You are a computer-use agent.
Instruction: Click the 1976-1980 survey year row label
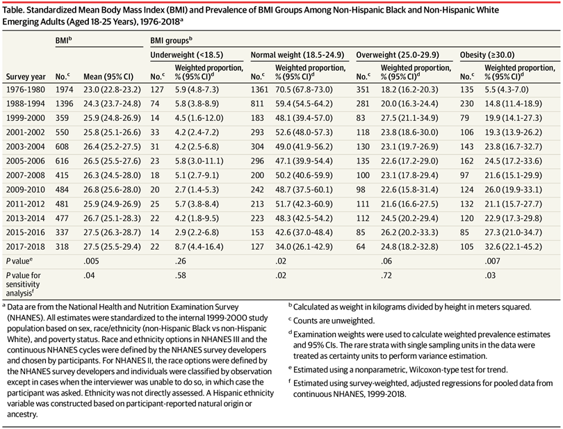[x=26, y=90]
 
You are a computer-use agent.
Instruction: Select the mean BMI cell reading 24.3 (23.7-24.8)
[x=112, y=104]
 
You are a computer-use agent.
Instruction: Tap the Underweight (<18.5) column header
[x=187, y=55]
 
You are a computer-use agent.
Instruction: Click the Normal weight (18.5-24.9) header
[x=297, y=55]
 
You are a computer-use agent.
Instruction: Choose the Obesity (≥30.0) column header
[x=487, y=55]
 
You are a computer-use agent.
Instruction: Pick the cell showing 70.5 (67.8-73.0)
[x=304, y=90]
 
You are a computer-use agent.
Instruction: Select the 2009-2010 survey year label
[x=26, y=190]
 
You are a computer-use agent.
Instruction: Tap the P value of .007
[x=490, y=261]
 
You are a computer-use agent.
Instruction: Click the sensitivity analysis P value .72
[x=386, y=275]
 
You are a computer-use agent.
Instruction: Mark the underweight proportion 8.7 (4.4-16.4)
[x=199, y=247]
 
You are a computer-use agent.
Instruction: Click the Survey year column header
[x=26, y=76]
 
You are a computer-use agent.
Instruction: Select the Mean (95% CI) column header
[x=108, y=76]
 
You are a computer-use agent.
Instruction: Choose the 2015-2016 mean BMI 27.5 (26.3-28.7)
[x=112, y=232]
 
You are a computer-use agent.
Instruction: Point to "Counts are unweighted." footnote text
[x=334, y=321]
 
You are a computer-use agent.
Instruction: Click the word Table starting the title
[x=13, y=10]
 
